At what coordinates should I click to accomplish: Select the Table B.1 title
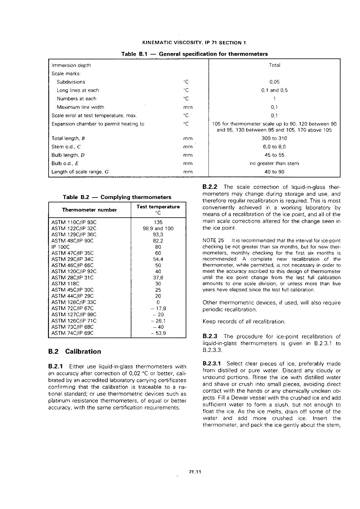[x=194, y=54]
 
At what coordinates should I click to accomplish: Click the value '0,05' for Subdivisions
[x=274, y=82]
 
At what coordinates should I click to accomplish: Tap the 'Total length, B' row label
[x=68, y=138]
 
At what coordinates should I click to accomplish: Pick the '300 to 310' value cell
[x=274, y=138]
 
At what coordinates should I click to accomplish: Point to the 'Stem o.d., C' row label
[x=66, y=147]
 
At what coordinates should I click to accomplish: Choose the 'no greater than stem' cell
[x=274, y=163]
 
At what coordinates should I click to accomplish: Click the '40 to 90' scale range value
[x=274, y=172]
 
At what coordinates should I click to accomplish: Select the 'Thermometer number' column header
[x=89, y=210]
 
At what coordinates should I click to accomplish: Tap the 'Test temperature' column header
[x=158, y=207]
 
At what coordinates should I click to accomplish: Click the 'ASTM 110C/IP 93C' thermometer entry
[x=74, y=222]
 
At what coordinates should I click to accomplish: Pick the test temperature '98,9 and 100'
[x=158, y=228]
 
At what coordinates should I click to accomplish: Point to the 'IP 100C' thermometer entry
[x=61, y=247]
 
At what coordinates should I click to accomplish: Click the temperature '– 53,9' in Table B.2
[x=158, y=333]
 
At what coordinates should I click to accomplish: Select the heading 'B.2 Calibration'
[x=75, y=351]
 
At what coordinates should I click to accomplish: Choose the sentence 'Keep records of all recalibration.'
[x=244, y=322]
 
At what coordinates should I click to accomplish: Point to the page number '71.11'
[x=195, y=472]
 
